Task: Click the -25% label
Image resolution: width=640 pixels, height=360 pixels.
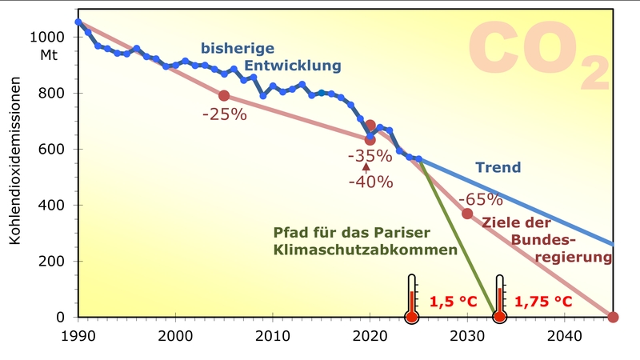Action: (225, 114)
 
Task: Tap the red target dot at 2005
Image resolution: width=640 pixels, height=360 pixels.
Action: (224, 96)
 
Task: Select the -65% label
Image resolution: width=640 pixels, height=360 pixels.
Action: (481, 199)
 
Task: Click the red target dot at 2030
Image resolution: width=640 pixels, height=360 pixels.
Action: (467, 214)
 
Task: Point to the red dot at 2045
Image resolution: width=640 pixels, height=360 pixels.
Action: (613, 318)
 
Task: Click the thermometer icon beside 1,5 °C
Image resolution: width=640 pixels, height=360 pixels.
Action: (412, 298)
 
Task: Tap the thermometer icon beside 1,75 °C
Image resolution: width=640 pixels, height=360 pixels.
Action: (500, 298)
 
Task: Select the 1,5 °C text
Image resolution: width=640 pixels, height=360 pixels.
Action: (453, 302)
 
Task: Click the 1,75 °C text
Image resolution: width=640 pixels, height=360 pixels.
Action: (543, 302)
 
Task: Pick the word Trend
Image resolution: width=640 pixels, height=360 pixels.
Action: (498, 168)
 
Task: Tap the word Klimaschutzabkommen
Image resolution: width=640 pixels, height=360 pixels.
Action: (365, 250)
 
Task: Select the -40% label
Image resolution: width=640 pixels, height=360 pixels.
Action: (370, 182)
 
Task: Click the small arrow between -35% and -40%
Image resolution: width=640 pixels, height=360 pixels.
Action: (366, 167)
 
